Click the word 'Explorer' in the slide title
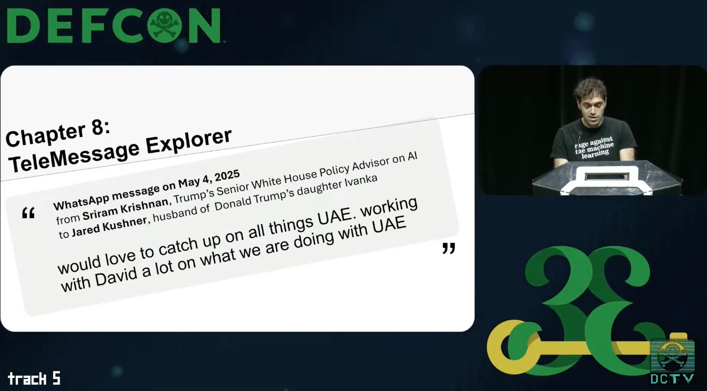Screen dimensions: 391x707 pyautogui.click(x=189, y=140)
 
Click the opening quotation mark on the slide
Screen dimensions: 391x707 pyautogui.click(x=28, y=213)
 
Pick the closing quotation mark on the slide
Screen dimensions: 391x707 pyautogui.click(x=449, y=248)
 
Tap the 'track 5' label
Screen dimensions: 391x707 pyautogui.click(x=34, y=379)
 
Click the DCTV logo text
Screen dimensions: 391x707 pyautogui.click(x=672, y=379)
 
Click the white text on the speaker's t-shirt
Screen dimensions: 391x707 pyautogui.click(x=594, y=148)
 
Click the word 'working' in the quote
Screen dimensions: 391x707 pyautogui.click(x=388, y=208)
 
